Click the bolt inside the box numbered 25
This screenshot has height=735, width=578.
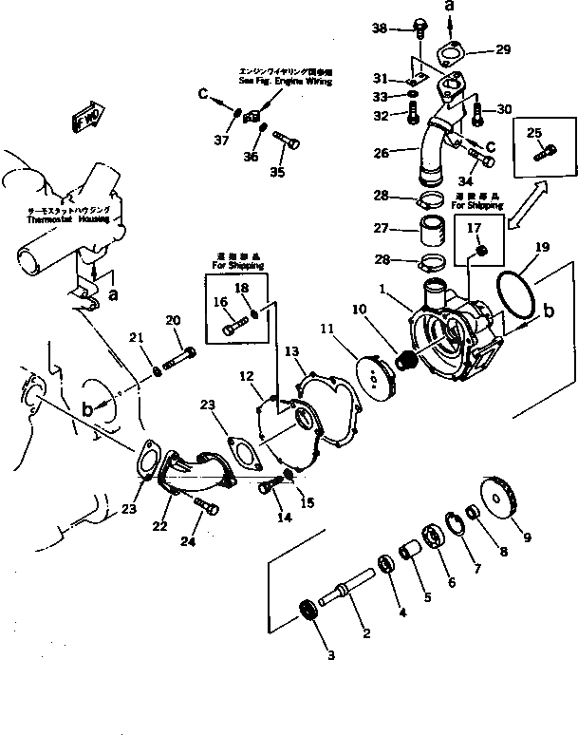546,153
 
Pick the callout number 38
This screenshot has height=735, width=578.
381,28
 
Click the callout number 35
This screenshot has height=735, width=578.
277,172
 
